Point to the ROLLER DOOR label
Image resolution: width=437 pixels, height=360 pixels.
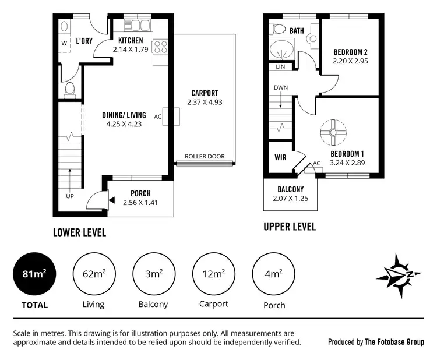pyautogui.click(x=205, y=157)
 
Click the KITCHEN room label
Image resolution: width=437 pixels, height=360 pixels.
pyautogui.click(x=131, y=40)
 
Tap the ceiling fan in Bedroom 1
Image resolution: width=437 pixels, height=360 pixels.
pyautogui.click(x=334, y=132)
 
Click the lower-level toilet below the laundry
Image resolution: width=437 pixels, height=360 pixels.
pyautogui.click(x=70, y=89)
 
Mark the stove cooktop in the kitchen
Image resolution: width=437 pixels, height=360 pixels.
pyautogui.click(x=160, y=46)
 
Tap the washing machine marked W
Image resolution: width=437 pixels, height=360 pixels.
pyautogui.click(x=64, y=43)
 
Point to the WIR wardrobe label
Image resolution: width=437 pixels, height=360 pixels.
pyautogui.click(x=279, y=157)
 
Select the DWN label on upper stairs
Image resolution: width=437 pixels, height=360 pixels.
pyautogui.click(x=281, y=88)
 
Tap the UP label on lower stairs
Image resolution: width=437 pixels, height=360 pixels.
pyautogui.click(x=70, y=196)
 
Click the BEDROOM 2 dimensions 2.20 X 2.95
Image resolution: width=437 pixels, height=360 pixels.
pyautogui.click(x=350, y=60)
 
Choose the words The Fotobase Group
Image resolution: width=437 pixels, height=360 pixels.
pyautogui.click(x=394, y=342)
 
